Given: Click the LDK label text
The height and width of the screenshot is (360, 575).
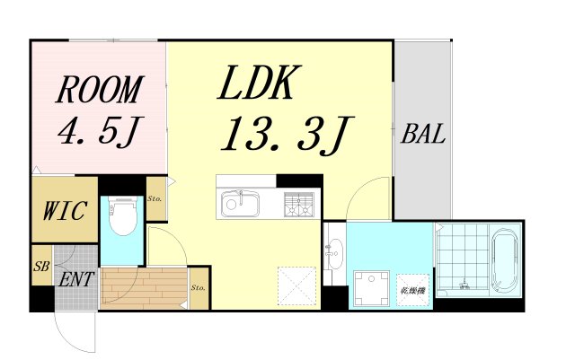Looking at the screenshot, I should pos(254,84).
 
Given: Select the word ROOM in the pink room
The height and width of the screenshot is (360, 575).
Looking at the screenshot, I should pos(100,91).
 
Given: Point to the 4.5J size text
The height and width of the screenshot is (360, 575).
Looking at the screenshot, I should pos(97,133).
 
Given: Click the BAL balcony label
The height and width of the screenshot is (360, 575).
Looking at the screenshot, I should pos(423,136).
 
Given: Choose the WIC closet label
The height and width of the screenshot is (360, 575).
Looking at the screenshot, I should pos(65,213).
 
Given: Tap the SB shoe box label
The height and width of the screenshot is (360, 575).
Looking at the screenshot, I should pos(40,268).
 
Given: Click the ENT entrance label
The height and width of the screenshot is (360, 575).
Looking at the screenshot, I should pos(75,278).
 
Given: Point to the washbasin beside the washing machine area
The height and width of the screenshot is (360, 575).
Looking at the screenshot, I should pos(333,255).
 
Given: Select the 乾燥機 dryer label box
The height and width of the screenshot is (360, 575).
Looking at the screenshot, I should pos(412,290).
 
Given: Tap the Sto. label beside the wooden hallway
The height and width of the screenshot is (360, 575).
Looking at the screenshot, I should pos(199,288).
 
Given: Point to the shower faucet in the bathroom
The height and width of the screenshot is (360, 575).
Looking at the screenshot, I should pos(464,285).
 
